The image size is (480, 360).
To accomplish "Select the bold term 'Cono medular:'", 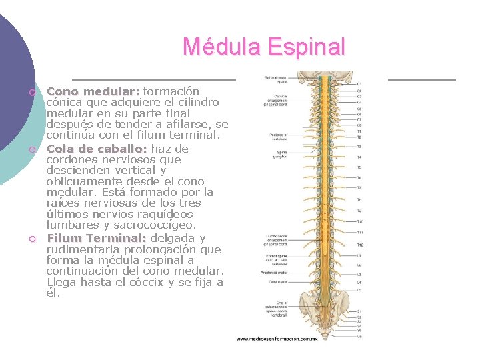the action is pyautogui.click(x=93, y=91).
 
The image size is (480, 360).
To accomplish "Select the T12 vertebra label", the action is pyautogui.click(x=360, y=245).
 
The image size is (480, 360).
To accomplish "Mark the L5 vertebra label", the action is pyautogui.click(x=359, y=290).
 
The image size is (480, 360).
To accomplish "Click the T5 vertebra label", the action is pyautogui.click(x=359, y=167).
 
